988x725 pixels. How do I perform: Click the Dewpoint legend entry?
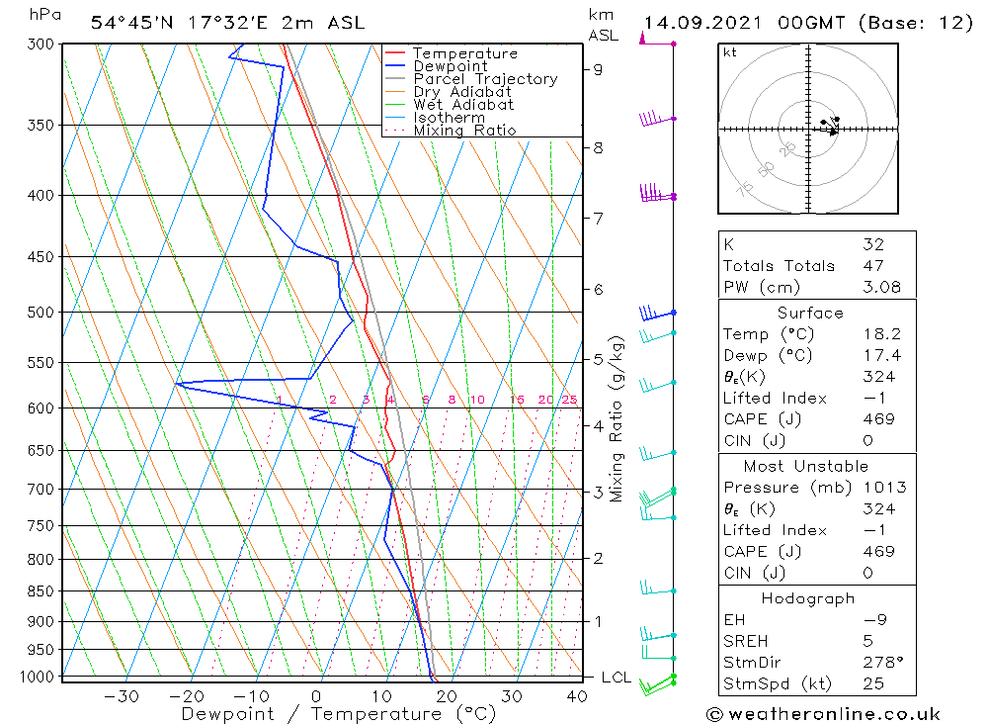(x=450, y=66)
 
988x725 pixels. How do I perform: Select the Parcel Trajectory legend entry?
(x=485, y=79)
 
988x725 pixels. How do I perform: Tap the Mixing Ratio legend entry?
(x=464, y=131)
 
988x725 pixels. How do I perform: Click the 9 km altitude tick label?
(x=599, y=69)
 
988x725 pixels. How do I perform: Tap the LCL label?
(x=616, y=678)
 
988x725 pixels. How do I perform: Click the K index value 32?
(x=872, y=244)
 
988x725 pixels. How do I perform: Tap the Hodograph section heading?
(x=809, y=598)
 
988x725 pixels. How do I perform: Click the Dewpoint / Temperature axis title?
(x=338, y=713)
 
